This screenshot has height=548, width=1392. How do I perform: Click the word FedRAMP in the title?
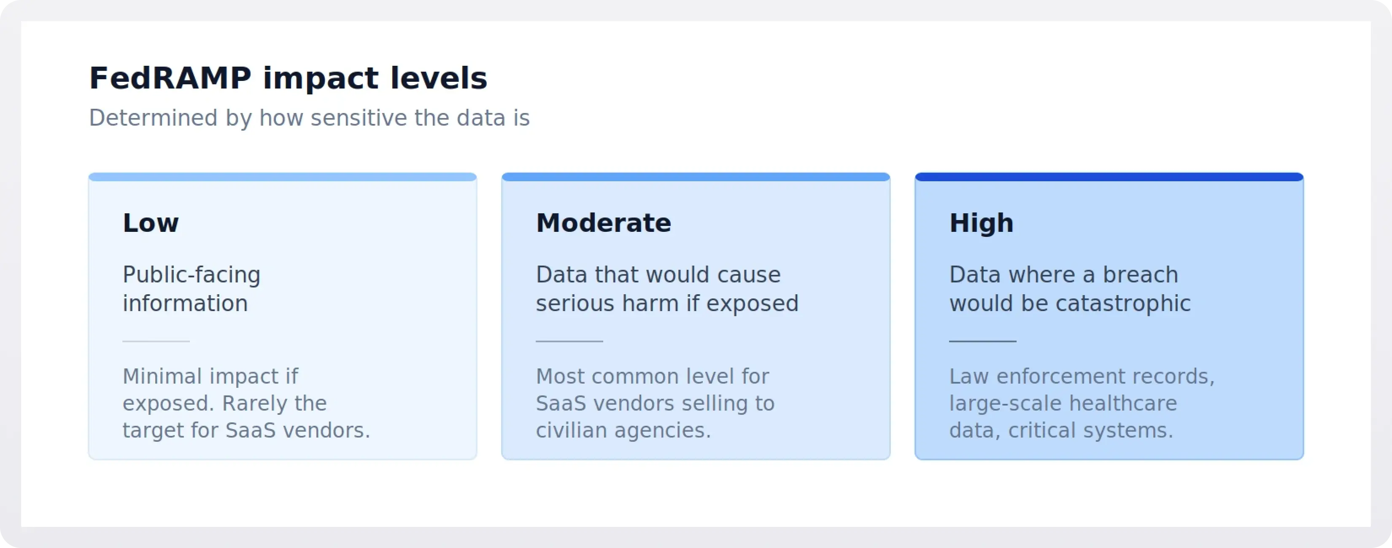[170, 78]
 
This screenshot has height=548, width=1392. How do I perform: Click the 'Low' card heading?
[150, 223]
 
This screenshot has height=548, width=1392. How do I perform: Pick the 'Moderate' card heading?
[603, 223]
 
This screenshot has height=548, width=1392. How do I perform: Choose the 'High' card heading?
[981, 223]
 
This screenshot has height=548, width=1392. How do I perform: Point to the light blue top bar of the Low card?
[282, 177]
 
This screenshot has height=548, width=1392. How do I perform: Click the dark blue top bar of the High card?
[1109, 177]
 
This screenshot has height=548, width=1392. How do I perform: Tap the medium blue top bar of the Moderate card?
[696, 177]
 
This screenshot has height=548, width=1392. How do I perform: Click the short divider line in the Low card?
[156, 341]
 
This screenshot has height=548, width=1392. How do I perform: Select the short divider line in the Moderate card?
[569, 341]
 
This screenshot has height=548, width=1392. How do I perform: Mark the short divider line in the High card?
[982, 341]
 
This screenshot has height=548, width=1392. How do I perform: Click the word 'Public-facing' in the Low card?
[191, 275]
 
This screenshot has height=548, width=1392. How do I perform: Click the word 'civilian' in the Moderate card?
[571, 431]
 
